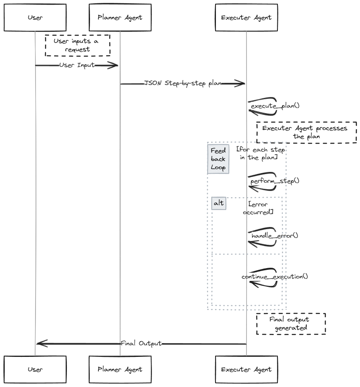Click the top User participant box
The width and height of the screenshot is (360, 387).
[x=35, y=17]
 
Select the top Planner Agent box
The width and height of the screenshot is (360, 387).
[x=120, y=17]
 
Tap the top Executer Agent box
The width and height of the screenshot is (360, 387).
[x=246, y=17]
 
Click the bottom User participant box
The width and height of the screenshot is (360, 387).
[x=35, y=369]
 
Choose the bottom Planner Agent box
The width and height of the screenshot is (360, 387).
[x=120, y=369]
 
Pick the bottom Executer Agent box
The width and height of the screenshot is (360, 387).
[x=246, y=369]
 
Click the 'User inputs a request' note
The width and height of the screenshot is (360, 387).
[x=78, y=45]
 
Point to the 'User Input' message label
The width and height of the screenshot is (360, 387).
[x=77, y=65]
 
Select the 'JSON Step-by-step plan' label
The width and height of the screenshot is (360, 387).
[x=183, y=83]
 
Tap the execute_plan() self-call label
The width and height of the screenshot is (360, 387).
[x=275, y=106]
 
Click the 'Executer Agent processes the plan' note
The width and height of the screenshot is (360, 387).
[x=306, y=132]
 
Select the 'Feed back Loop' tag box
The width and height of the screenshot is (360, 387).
[x=218, y=159]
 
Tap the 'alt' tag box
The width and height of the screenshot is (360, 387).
[x=218, y=204]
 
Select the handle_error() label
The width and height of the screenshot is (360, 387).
[x=275, y=236]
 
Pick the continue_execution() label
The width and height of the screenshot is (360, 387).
[x=275, y=276]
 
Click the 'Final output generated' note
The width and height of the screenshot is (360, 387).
[x=291, y=323]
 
